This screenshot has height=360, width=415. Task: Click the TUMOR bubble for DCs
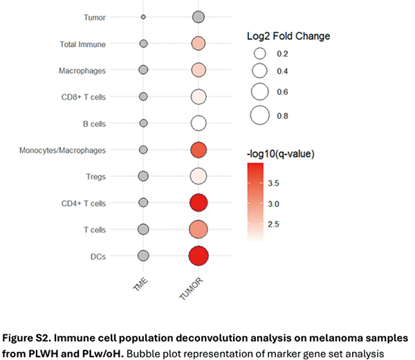click(199, 255)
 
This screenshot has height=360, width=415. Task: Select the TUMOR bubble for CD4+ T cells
click(199, 203)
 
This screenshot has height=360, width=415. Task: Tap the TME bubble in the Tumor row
click(143, 17)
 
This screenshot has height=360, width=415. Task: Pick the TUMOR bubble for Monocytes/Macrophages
click(199, 150)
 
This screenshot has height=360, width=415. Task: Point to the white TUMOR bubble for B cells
click(199, 123)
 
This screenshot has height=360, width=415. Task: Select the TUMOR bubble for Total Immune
click(199, 44)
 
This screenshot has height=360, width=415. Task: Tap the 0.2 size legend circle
click(260, 53)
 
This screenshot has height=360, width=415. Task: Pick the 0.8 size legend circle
click(260, 114)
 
